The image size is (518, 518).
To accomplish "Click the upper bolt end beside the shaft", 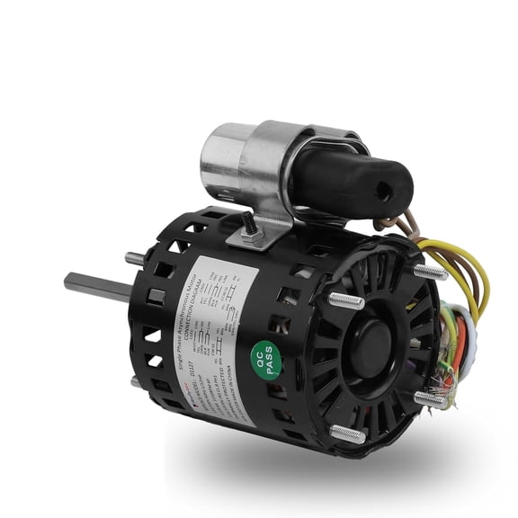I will tap(135, 258).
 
